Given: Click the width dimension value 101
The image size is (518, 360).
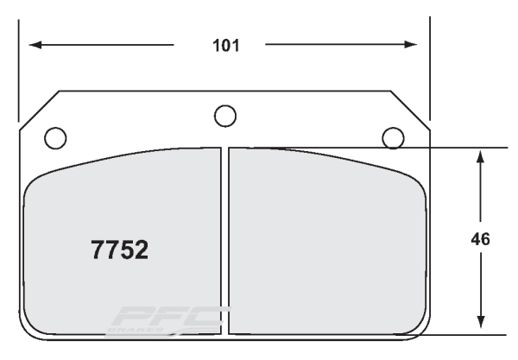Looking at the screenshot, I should [x=225, y=45].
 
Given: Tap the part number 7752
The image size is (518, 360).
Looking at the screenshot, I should [x=120, y=250].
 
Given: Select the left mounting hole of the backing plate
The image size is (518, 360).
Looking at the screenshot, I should [x=54, y=136].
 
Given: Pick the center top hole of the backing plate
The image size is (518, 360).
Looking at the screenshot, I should [x=225, y=114].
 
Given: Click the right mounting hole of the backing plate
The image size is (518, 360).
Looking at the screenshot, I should [x=394, y=136].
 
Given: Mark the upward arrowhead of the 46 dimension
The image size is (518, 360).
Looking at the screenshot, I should [x=481, y=155].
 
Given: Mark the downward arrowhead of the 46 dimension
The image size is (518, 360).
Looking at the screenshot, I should [x=481, y=326].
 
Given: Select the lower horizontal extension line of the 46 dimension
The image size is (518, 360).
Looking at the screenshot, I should [x=466, y=334].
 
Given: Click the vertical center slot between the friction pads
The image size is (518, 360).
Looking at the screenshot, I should [x=226, y=242].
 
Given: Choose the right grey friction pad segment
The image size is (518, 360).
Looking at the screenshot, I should [x=328, y=242].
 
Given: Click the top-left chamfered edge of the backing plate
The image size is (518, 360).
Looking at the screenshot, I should [x=39, y=110].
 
